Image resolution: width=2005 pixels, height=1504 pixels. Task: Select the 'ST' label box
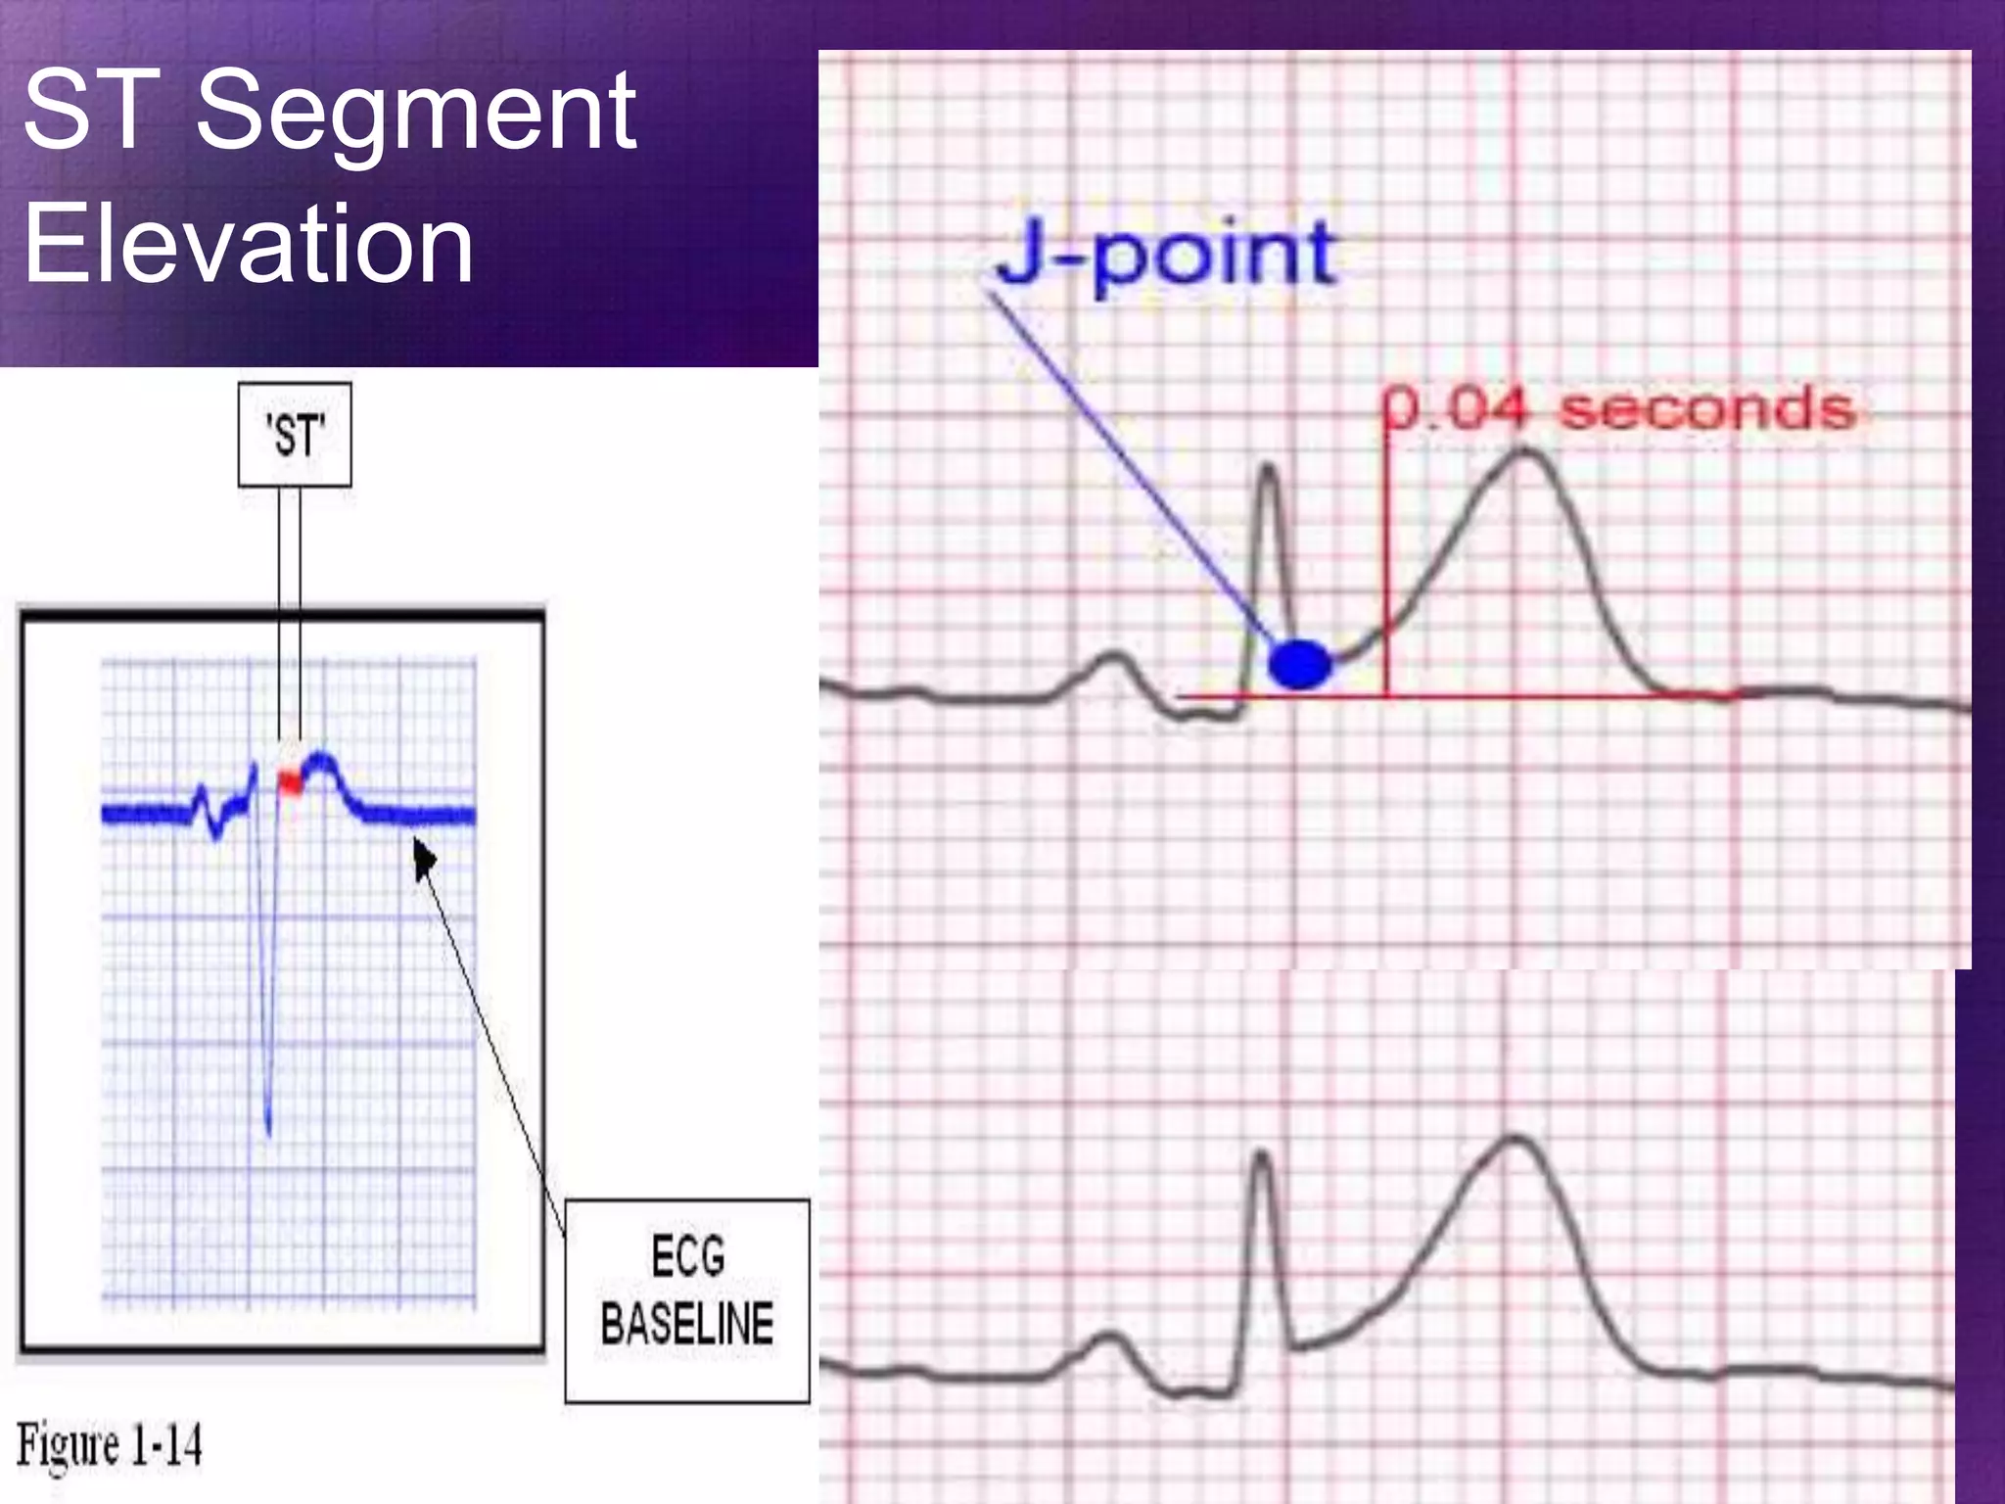295,435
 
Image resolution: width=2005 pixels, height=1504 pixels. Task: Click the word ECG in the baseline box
687,1256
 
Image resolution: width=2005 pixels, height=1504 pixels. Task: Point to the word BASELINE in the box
687,1324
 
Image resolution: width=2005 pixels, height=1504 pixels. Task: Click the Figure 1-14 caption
110,1444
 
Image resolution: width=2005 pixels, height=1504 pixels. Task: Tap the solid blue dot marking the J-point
1299,665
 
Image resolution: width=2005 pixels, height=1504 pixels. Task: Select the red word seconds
1707,409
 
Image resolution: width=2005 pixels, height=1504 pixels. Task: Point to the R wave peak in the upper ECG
1268,468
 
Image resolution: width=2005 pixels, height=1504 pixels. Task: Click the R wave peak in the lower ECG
1262,1155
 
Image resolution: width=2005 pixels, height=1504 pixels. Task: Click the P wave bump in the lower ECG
1110,1337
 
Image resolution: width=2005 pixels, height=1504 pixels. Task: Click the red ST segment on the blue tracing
290,781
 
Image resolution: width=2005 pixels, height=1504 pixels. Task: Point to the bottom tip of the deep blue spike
269,1134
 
